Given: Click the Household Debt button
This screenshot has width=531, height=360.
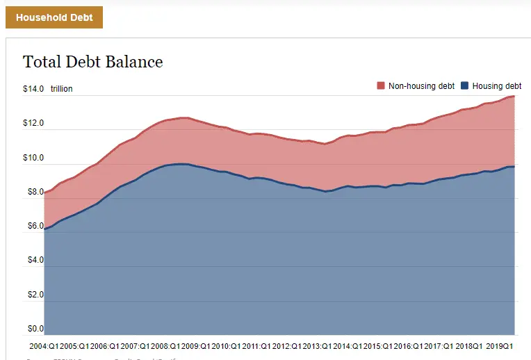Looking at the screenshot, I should click(x=54, y=17).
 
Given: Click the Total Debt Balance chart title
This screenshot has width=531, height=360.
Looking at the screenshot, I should click(x=93, y=62).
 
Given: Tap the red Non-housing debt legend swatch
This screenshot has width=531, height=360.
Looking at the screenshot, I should click(x=381, y=85).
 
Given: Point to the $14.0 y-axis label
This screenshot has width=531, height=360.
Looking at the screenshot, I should click(x=33, y=89).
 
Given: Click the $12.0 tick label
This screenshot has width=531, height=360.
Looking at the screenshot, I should click(x=33, y=124).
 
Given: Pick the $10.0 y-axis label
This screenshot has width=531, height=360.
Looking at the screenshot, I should click(x=33, y=158).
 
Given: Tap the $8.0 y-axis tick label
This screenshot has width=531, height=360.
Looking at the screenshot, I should click(x=35, y=192).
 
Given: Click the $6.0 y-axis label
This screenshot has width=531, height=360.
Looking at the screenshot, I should click(x=35, y=226).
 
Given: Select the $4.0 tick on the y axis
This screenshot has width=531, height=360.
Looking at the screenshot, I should click(x=35, y=260).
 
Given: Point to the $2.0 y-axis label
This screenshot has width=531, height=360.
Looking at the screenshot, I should click(x=35, y=295).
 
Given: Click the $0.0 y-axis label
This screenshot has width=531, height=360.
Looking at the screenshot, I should click(x=35, y=329).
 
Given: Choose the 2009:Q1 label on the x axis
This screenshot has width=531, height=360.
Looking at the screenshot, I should click(x=197, y=345).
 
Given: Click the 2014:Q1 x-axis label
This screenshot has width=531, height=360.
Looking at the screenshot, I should click(x=349, y=345).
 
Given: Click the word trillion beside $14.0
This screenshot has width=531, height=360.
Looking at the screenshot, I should click(x=61, y=89).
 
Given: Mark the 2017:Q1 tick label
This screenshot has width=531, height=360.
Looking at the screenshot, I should click(x=439, y=345).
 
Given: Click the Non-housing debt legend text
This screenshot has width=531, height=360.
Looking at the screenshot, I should click(x=421, y=85).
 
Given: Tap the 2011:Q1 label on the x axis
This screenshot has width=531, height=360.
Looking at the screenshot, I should click(x=258, y=345).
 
